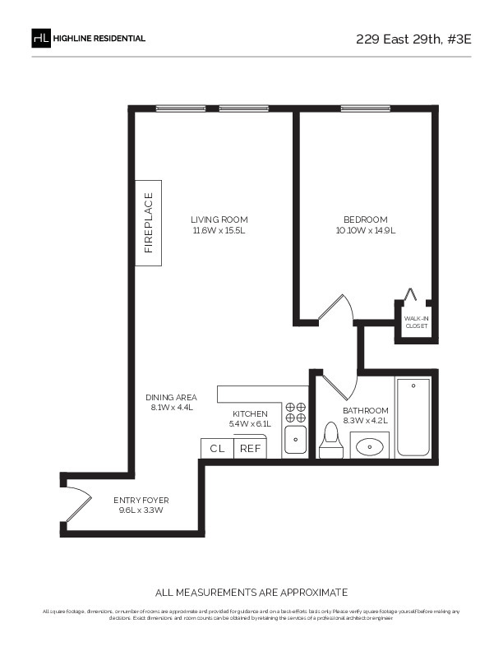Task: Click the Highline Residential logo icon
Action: point(41,38)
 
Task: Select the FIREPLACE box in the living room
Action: point(149,222)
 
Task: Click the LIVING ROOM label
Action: point(219,219)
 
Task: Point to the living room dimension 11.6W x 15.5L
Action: point(219,231)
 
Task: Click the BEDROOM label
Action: point(365,219)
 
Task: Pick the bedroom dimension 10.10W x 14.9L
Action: point(365,231)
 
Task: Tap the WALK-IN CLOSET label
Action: point(416,321)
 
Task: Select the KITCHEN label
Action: point(250,413)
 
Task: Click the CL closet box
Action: point(218,449)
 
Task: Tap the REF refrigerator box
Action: point(250,449)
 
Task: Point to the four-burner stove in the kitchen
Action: point(295,412)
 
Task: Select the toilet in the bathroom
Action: point(331,441)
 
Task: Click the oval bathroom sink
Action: point(371,447)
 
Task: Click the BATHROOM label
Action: point(366,410)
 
